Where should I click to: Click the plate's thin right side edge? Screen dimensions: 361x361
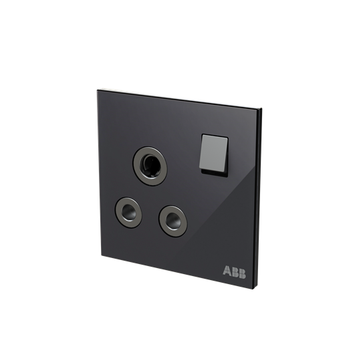click(x=259, y=201)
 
